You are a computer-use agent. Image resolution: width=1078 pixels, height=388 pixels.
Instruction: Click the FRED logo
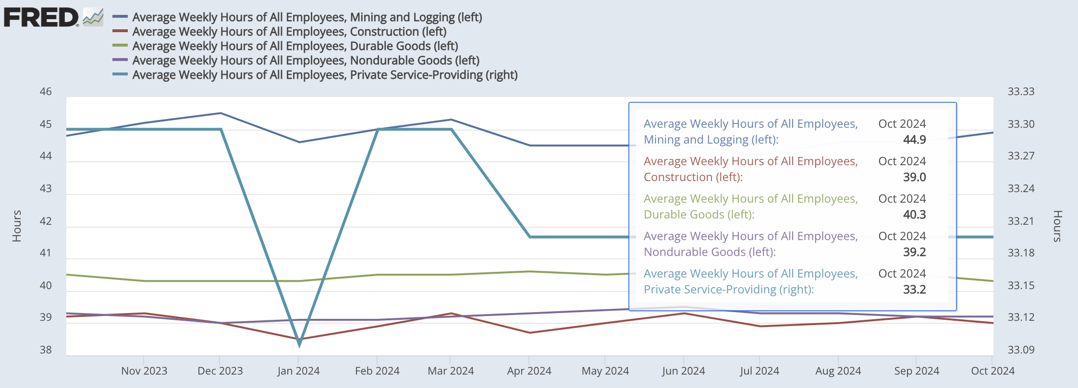53,17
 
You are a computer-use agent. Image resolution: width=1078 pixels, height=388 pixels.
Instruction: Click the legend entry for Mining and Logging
307,17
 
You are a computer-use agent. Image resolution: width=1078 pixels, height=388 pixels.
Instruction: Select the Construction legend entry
289,32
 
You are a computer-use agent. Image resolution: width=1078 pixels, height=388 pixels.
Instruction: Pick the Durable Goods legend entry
295,46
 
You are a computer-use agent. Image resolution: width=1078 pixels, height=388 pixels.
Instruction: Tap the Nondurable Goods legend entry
306,61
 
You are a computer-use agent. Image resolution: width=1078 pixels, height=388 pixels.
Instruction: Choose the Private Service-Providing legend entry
325,75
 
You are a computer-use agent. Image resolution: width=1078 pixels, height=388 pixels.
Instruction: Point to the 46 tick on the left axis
46,91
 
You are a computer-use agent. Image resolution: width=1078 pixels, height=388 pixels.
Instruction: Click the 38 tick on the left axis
46,350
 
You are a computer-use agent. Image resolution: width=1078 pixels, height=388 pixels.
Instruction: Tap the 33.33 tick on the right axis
1021,91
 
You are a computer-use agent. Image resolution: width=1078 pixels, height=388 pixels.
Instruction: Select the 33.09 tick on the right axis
1021,350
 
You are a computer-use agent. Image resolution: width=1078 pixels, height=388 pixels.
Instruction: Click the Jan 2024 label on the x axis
298,371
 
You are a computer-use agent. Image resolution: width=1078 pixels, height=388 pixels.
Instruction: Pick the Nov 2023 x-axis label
144,371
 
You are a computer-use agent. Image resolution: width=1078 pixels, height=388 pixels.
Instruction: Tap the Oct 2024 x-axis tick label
992,371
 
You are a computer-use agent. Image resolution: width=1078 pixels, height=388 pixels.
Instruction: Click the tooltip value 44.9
914,140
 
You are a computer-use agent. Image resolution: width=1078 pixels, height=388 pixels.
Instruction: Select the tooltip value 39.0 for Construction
914,177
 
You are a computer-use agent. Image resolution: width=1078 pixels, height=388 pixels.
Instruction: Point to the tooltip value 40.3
914,215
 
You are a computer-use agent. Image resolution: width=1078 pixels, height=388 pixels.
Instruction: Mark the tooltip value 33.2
914,290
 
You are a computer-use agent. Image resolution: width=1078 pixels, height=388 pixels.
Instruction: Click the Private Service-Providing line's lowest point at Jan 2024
299,343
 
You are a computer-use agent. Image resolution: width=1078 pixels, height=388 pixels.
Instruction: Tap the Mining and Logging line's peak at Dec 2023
220,113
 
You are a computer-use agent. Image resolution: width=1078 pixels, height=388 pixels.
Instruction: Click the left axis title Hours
17,226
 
